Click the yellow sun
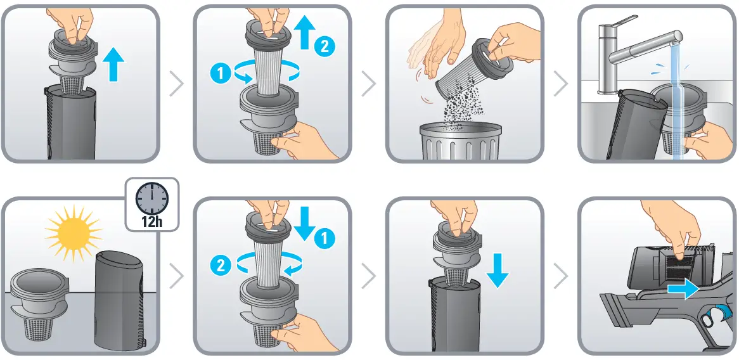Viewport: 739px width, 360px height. tap(74, 233)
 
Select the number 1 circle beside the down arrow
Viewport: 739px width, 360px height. tap(324, 239)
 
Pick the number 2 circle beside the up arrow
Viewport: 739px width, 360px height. tap(324, 46)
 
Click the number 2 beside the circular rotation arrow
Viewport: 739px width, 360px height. tap(222, 267)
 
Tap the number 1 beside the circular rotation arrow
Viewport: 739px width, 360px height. tap(222, 74)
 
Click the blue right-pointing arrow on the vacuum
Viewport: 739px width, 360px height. tap(683, 288)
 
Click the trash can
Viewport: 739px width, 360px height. tap(460, 141)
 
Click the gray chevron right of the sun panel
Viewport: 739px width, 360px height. tap(176, 276)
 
